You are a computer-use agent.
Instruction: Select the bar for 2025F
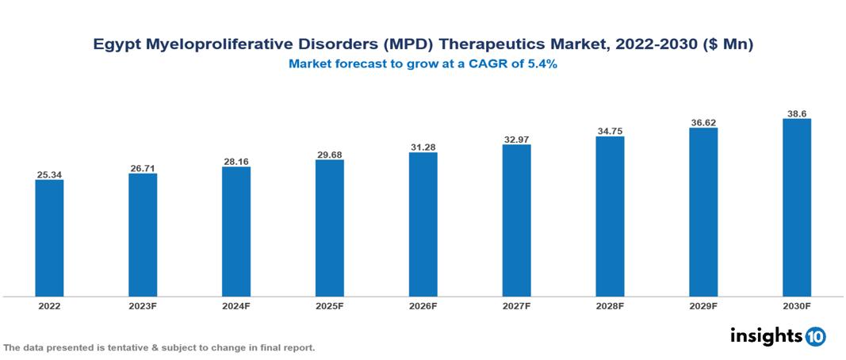pos(329,228)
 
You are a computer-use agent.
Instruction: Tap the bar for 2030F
pos(796,208)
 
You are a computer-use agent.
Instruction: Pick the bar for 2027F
pos(516,220)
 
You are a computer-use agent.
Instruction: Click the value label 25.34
pos(49,174)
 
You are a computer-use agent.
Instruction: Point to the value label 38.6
pos(796,113)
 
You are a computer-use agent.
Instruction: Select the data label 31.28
pos(423,147)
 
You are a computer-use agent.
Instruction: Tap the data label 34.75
pos(610,131)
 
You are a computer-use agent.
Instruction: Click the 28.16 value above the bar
pos(236,161)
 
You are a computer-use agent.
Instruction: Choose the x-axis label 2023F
pos(143,305)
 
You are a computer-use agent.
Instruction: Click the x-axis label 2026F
pos(423,305)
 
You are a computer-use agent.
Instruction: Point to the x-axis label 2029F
pos(703,305)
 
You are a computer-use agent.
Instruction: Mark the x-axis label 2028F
pos(610,305)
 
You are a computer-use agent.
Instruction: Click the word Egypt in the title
pos(116,46)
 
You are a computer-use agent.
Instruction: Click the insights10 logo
pos(777,336)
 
